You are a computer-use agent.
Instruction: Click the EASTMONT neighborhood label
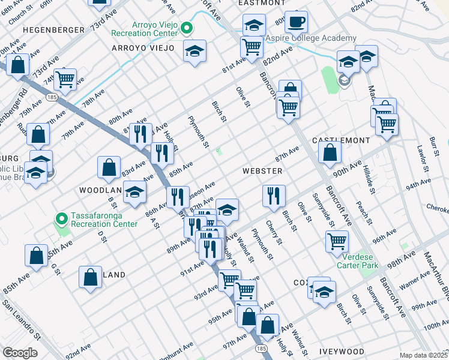tap(261, 3)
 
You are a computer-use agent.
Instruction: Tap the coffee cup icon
tap(297, 22)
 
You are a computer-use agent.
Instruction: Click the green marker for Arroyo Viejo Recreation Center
tap(187, 27)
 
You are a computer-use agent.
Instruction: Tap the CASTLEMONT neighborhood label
tap(342, 140)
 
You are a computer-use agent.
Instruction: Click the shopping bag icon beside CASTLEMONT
tap(330, 153)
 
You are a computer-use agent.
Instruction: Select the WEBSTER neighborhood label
tap(262, 171)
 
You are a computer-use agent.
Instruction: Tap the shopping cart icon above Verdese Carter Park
tap(337, 241)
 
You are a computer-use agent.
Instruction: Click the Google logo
tap(20, 353)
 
